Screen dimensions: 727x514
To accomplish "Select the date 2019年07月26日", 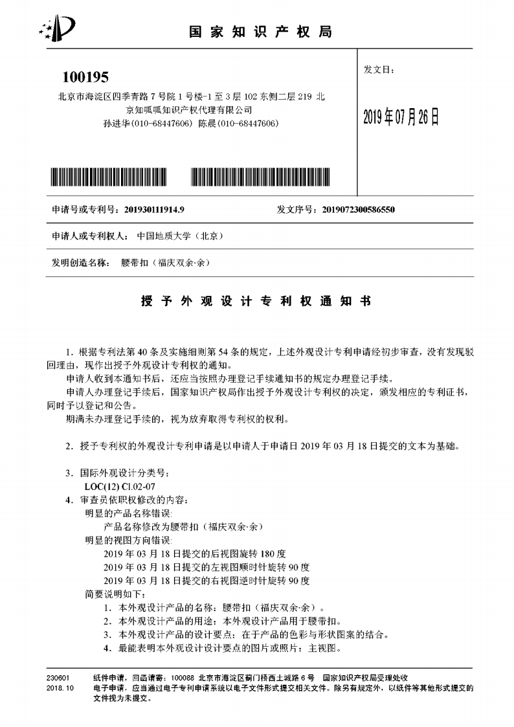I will click(x=401, y=117).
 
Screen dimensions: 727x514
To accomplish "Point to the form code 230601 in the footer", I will click(x=58, y=675).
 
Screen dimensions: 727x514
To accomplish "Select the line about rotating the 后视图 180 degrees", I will click(x=194, y=554).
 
